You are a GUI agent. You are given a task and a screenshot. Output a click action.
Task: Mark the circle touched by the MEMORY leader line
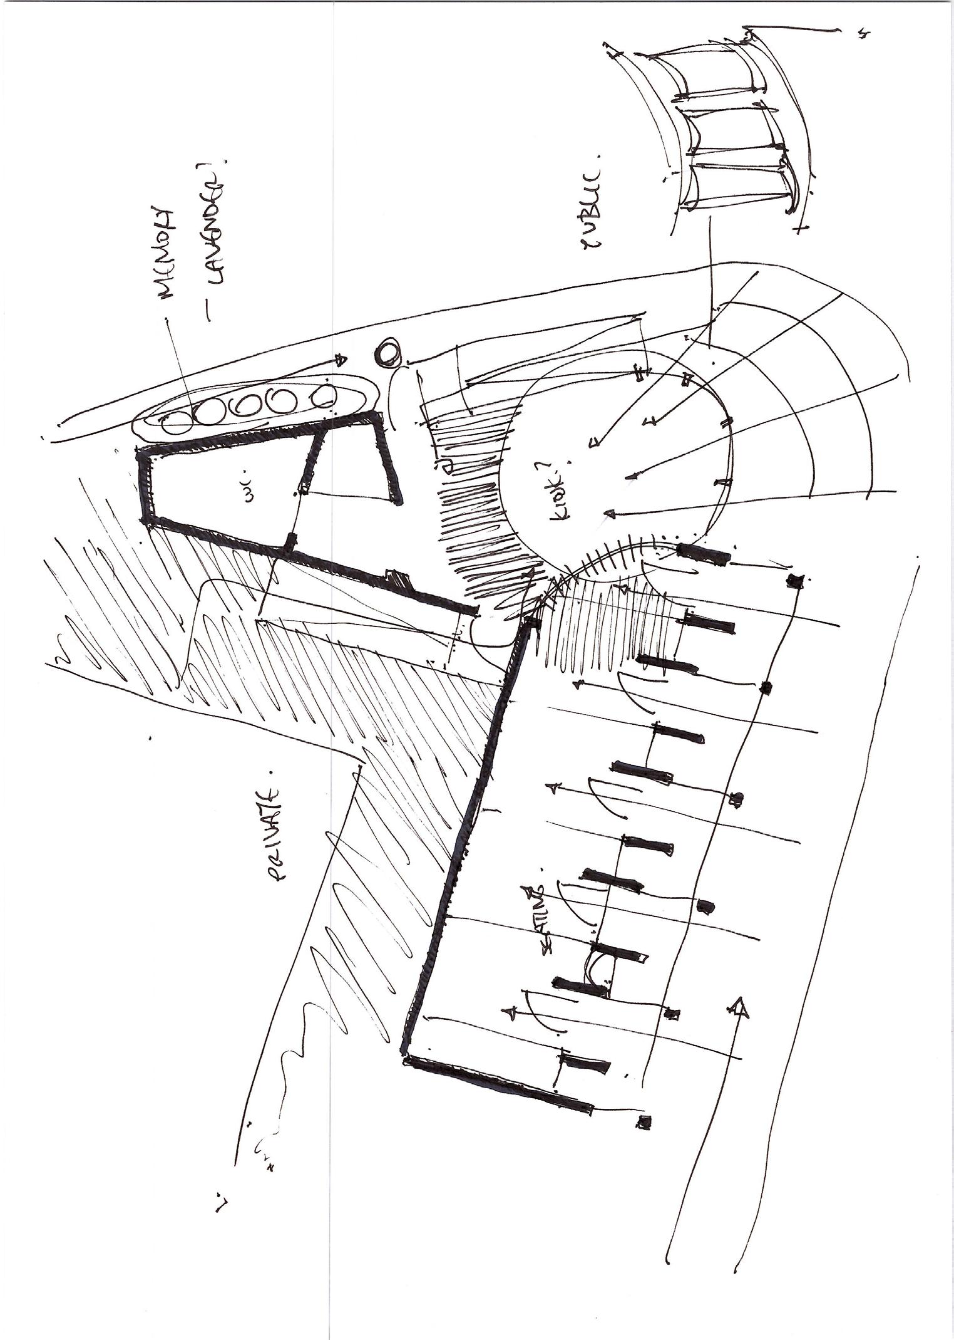click(177, 427)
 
